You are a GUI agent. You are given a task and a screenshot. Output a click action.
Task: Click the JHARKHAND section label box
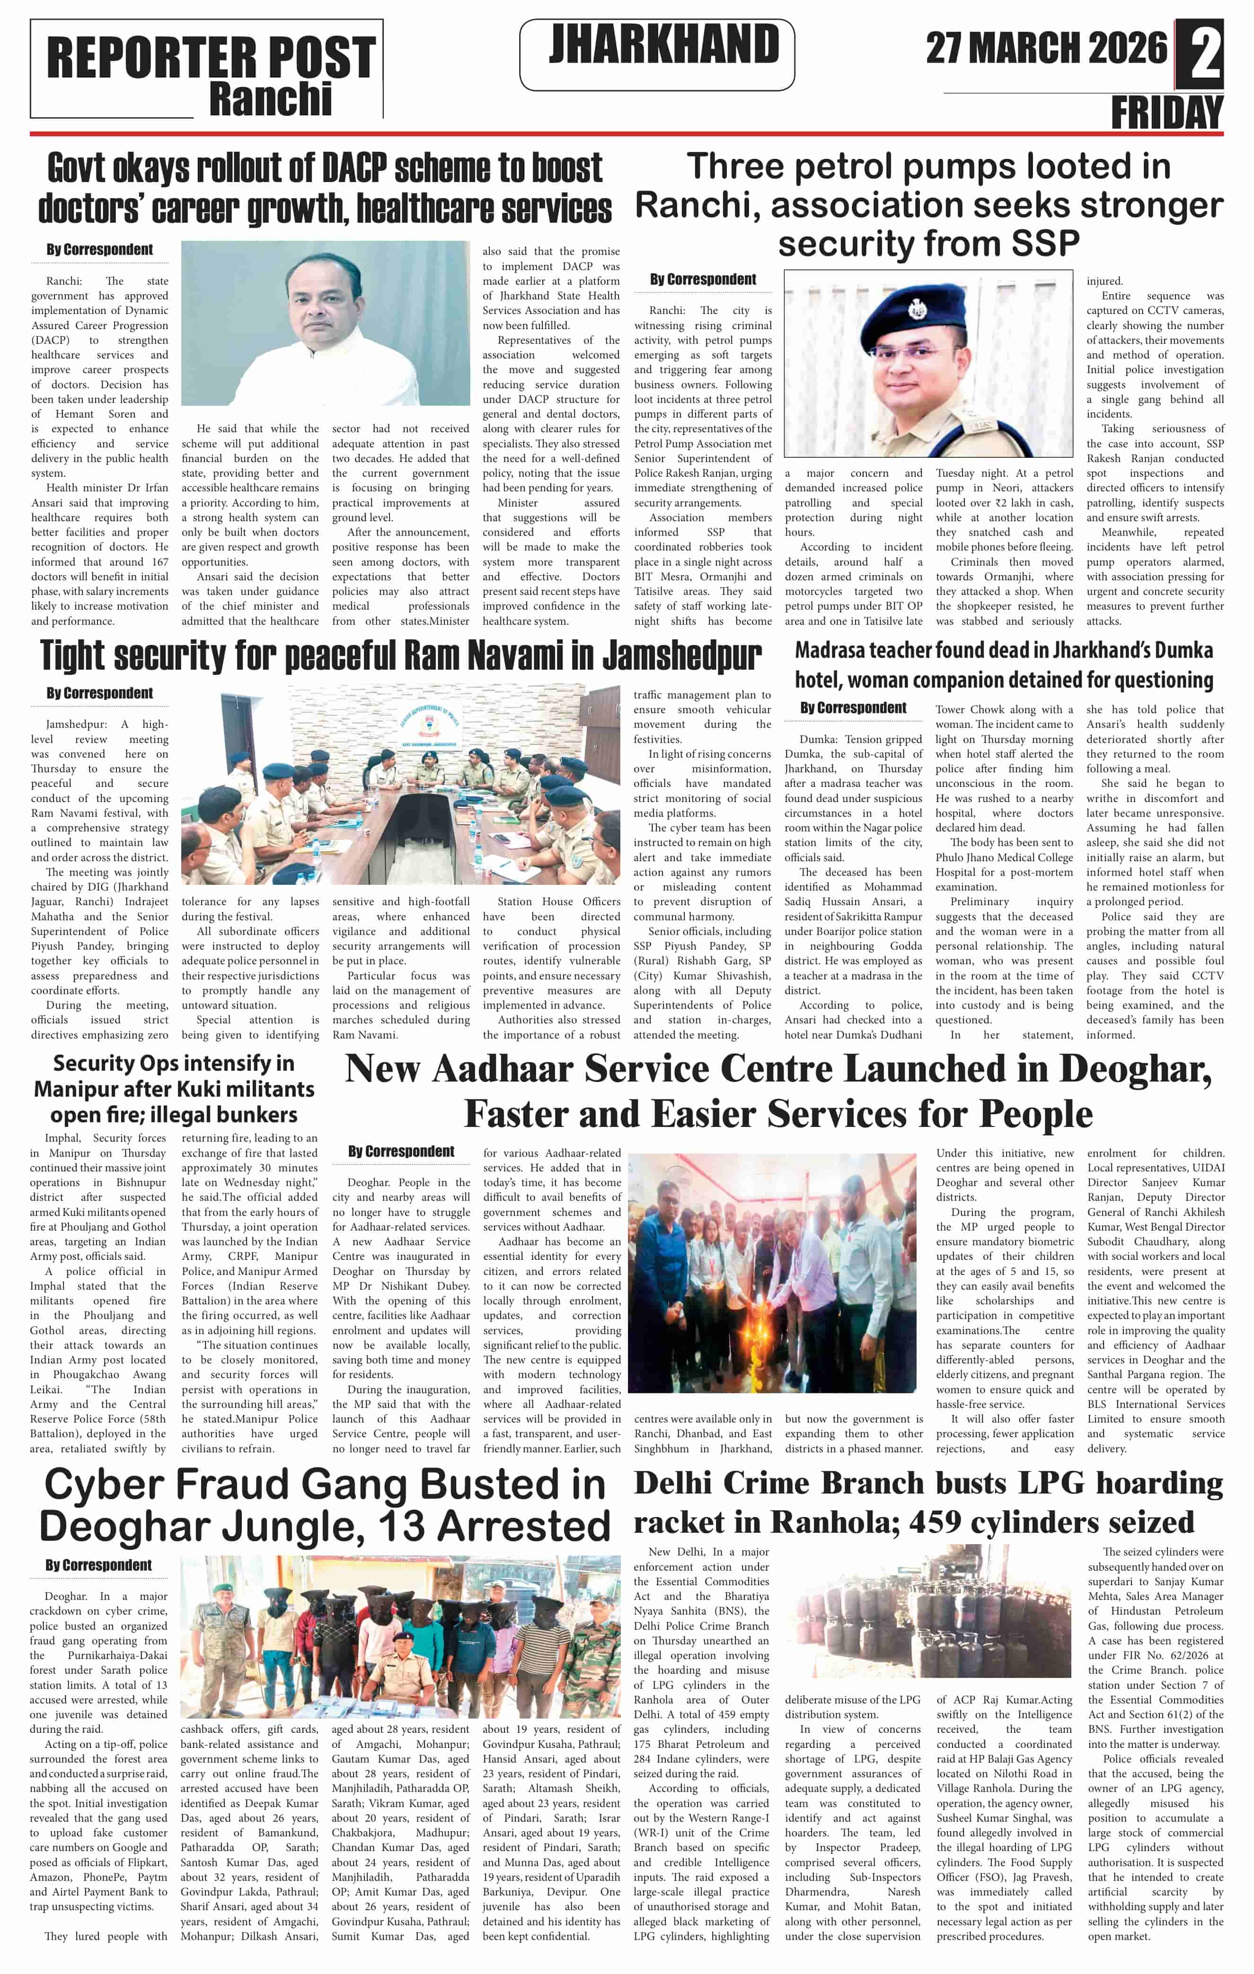(x=657, y=53)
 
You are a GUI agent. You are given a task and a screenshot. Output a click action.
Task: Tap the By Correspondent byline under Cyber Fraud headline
(x=98, y=1565)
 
